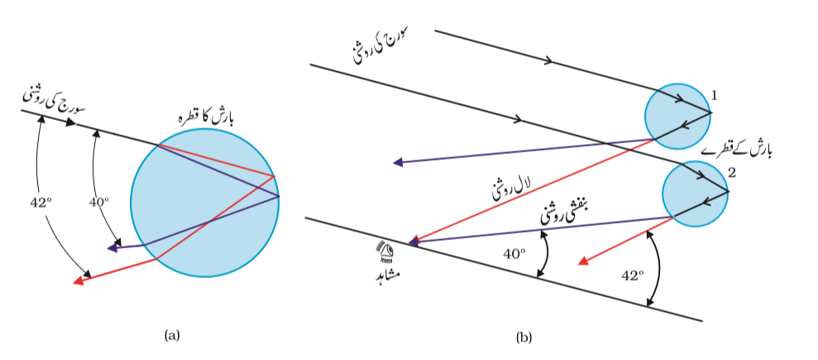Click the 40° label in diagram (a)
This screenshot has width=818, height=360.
tap(98, 202)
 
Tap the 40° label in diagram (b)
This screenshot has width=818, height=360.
tap(514, 254)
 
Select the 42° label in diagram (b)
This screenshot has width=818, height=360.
tap(633, 276)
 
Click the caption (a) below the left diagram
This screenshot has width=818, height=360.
tap(172, 335)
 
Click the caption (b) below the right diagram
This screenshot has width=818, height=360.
tap(524, 338)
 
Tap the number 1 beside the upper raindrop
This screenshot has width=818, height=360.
tap(714, 95)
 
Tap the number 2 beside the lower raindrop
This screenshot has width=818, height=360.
tap(731, 174)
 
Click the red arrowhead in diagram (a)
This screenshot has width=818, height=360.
tap(79, 281)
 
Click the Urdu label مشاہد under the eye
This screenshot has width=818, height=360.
tap(386, 273)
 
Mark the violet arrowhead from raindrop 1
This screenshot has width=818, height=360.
tap(399, 162)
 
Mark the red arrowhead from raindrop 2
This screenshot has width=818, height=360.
tap(584, 262)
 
